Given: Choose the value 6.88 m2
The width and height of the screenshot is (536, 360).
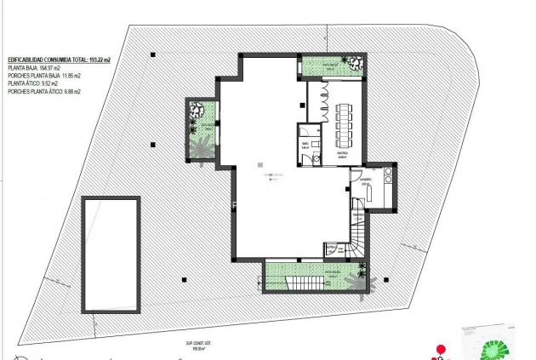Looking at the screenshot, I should pyautogui.click(x=73, y=92).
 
